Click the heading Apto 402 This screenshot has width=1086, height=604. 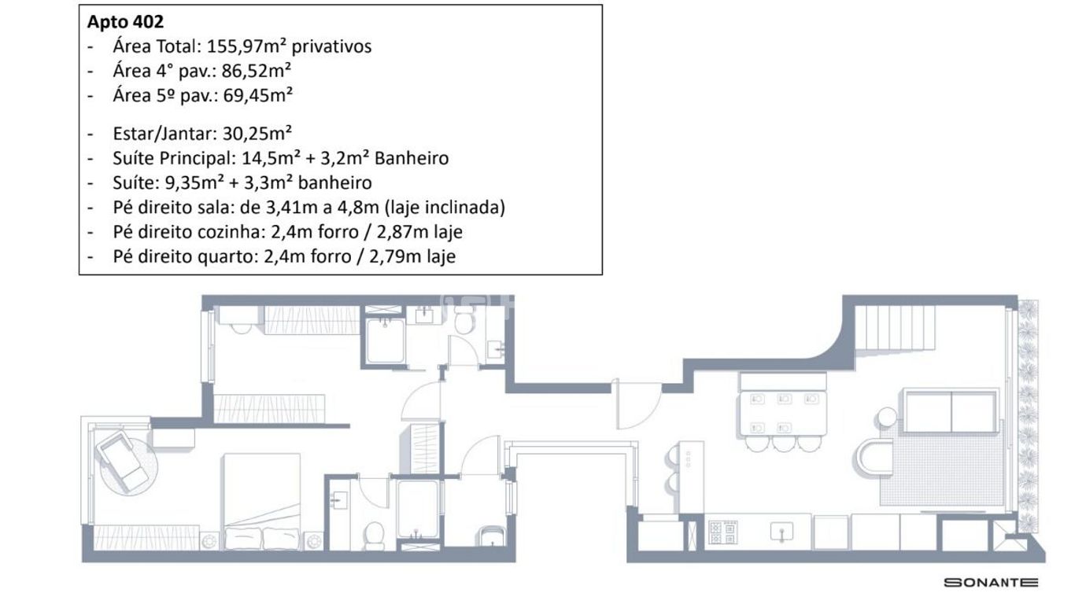126,22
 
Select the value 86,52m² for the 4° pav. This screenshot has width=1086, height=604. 257,72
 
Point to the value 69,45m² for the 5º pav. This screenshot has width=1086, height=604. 257,96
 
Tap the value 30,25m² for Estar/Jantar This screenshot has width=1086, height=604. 257,133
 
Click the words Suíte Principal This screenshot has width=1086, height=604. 172,158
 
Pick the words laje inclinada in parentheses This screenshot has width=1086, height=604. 445,208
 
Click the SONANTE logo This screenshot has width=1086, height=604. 991,582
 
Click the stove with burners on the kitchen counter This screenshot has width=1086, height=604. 723,532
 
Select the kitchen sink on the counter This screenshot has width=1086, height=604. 781,532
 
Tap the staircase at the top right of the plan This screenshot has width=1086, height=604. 895,327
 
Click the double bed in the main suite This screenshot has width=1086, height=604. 261,502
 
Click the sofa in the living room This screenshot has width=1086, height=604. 951,411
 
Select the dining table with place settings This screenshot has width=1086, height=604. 783,414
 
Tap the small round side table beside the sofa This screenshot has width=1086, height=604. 888,417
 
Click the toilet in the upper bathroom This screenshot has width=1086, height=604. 464,320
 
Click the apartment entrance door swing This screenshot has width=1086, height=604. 637,405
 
